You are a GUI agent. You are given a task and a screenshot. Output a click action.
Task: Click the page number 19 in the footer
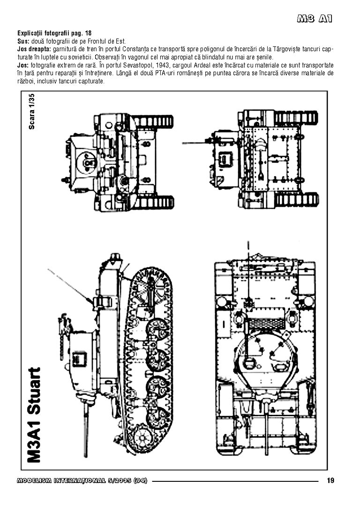click(x=330, y=480)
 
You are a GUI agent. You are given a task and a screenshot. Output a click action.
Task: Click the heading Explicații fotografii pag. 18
click(x=54, y=34)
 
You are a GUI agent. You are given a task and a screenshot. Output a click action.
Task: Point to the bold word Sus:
click(x=23, y=41)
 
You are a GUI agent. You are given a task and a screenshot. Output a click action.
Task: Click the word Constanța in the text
click(x=136, y=49)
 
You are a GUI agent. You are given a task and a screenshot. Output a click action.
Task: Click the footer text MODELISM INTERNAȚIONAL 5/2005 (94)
click(x=82, y=481)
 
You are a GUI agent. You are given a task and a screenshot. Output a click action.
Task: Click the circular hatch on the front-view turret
click(x=87, y=162)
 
